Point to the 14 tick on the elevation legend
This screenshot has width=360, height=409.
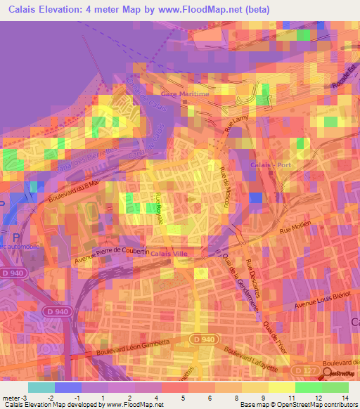click(x=345, y=397)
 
